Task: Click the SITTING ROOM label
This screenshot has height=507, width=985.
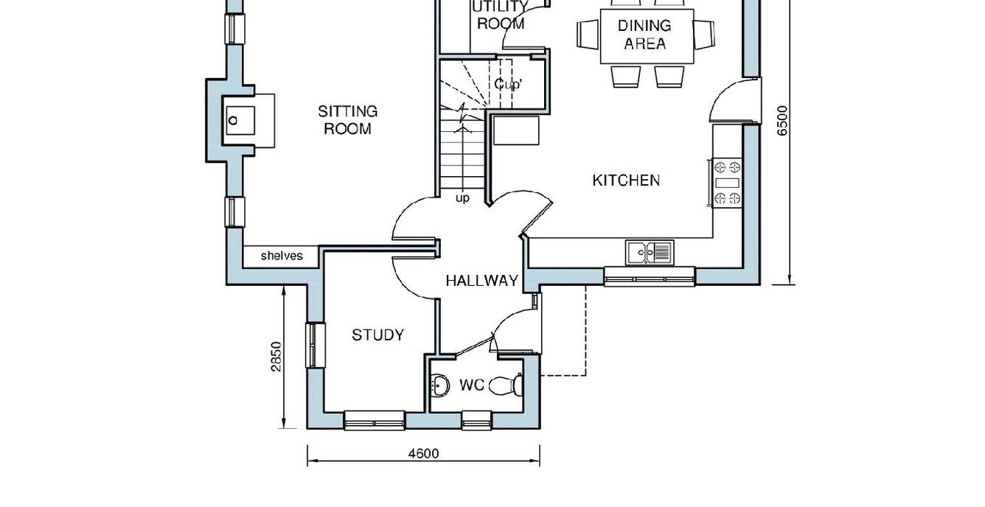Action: point(347,120)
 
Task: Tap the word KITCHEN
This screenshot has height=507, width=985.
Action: point(626,181)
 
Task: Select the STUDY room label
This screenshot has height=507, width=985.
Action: point(377,335)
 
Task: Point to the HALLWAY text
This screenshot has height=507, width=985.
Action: point(482,281)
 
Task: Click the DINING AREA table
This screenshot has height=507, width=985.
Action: point(647,36)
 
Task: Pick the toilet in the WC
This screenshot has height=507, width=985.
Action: point(506,385)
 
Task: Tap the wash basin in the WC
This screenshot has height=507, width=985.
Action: point(439,385)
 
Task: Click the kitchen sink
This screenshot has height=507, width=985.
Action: point(650,253)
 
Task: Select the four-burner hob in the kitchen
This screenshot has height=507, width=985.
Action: point(727,183)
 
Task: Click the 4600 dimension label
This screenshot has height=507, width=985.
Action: point(423,453)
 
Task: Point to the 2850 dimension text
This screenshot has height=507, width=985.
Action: point(276,357)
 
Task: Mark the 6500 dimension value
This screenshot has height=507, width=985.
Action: point(782,121)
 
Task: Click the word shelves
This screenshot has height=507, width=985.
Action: point(282,256)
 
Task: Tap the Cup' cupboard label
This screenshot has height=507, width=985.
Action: point(507,84)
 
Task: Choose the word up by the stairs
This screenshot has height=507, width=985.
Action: point(462,198)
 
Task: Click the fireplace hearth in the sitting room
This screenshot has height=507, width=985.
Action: point(248,120)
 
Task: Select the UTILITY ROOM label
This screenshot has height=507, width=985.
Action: point(501,15)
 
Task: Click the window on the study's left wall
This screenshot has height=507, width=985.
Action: point(316,346)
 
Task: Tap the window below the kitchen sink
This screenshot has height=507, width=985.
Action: point(650,276)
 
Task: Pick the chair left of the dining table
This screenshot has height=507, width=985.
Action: point(588,35)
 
